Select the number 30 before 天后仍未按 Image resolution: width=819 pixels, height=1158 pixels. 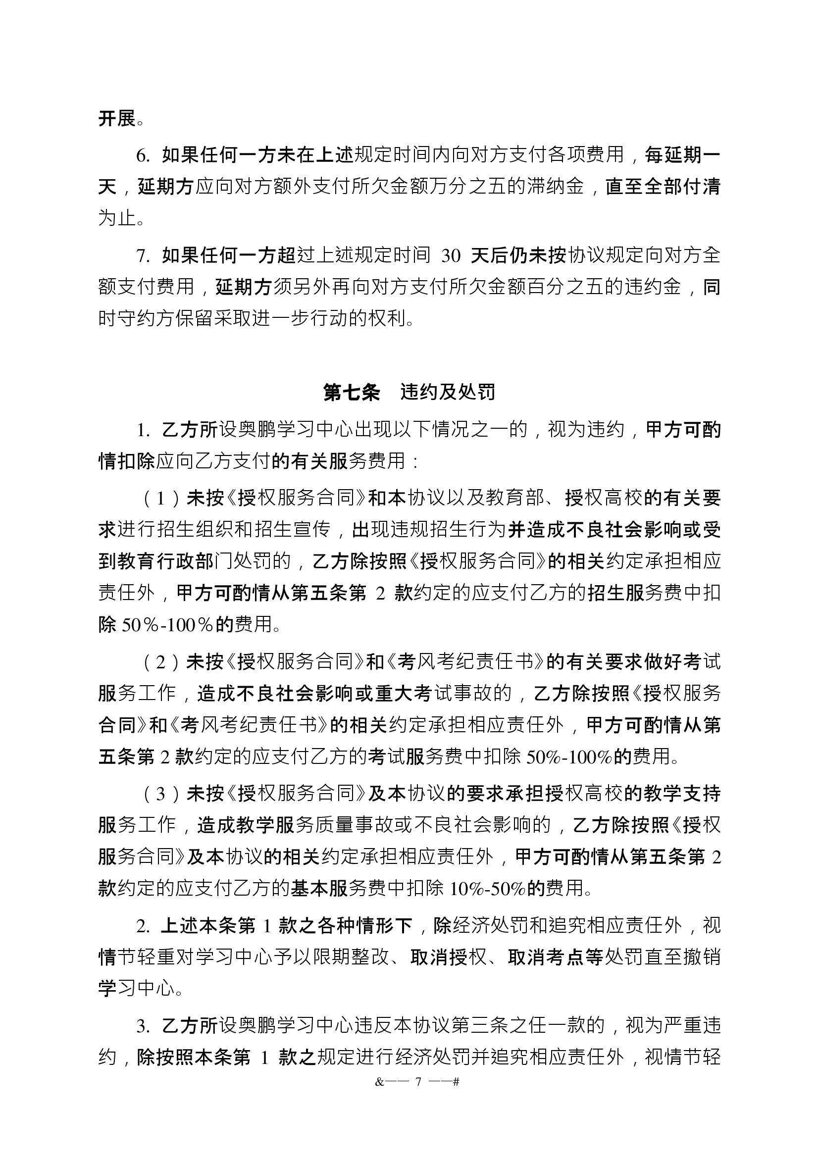(x=450, y=256)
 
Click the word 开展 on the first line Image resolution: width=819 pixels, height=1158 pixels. (x=117, y=119)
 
